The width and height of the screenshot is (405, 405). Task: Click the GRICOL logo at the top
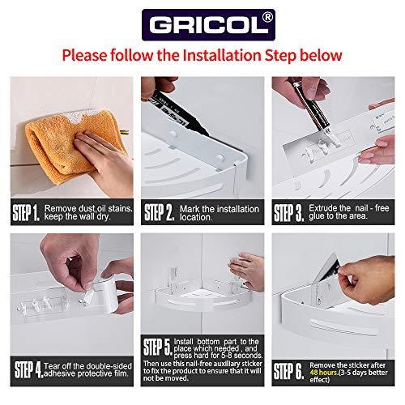click(x=208, y=25)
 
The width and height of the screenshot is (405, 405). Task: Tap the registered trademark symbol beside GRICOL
click(x=267, y=17)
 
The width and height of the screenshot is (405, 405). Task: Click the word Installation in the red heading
click(x=222, y=55)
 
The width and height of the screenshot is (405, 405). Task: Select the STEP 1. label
click(x=26, y=212)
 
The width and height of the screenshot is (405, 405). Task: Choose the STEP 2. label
click(x=160, y=212)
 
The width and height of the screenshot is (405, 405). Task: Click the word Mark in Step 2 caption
click(x=190, y=209)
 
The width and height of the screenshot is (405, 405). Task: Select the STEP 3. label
click(x=289, y=212)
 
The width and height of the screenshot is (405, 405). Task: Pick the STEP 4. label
click(x=28, y=369)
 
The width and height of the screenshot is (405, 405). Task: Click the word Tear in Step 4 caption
click(x=52, y=366)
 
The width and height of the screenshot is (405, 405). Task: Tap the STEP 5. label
click(x=158, y=347)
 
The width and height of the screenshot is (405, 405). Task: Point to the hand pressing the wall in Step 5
click(x=247, y=271)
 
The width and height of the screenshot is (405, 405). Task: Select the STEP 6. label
click(x=288, y=371)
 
